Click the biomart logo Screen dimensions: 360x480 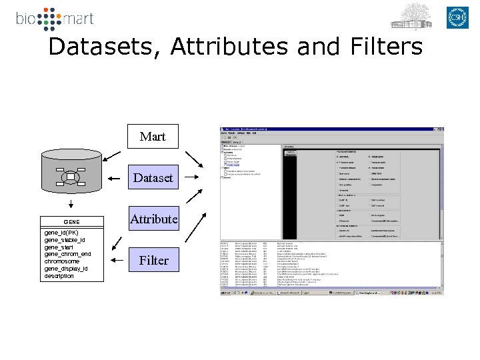pyautogui.click(x=55, y=19)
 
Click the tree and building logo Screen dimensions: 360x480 pyautogui.click(x=411, y=16)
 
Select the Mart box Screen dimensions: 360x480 pyautogui.click(x=153, y=137)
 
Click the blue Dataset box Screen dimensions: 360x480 pyautogui.click(x=153, y=178)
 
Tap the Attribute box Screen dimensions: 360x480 pyautogui.click(x=153, y=219)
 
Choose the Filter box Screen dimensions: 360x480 pyautogui.click(x=153, y=260)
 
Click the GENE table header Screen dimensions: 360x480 pyautogui.click(x=71, y=222)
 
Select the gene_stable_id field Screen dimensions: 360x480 pyautogui.click(x=65, y=240)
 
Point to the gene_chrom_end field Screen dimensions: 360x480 pyautogui.click(x=67, y=254)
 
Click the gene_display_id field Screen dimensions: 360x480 pyautogui.click(x=65, y=269)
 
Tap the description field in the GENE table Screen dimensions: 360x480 pyautogui.click(x=59, y=276)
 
